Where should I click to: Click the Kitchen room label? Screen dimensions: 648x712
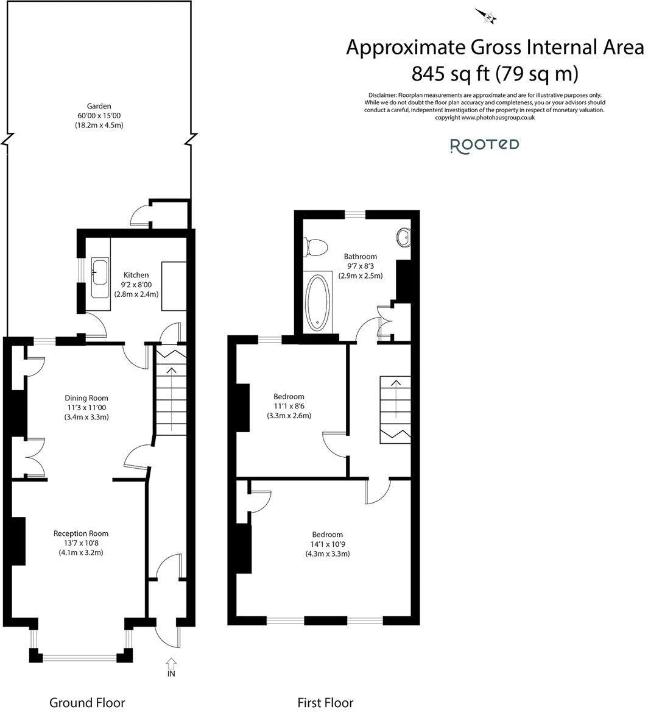pyautogui.click(x=136, y=275)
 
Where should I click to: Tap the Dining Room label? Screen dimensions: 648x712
pyautogui.click(x=86, y=398)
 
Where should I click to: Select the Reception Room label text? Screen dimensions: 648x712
pyautogui.click(x=81, y=533)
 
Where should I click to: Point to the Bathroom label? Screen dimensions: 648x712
pyautogui.click(x=361, y=256)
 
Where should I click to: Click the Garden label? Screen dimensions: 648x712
pyautogui.click(x=99, y=106)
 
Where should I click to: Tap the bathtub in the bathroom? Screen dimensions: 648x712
pyautogui.click(x=317, y=302)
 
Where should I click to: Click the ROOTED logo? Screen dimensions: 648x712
pyautogui.click(x=484, y=145)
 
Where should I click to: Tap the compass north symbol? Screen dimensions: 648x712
pyautogui.click(x=487, y=17)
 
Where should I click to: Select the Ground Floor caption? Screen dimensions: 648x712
pyautogui.click(x=86, y=702)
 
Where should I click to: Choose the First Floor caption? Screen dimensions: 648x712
pyautogui.click(x=325, y=702)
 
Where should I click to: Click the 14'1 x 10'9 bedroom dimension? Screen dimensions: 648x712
pyautogui.click(x=326, y=544)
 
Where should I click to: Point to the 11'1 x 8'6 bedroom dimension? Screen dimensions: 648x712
pyautogui.click(x=289, y=406)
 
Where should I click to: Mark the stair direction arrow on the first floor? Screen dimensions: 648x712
pyautogui.click(x=396, y=398)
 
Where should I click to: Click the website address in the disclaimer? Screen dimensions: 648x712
pyautogui.click(x=498, y=118)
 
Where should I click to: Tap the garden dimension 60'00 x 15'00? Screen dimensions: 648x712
pyautogui.click(x=99, y=116)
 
